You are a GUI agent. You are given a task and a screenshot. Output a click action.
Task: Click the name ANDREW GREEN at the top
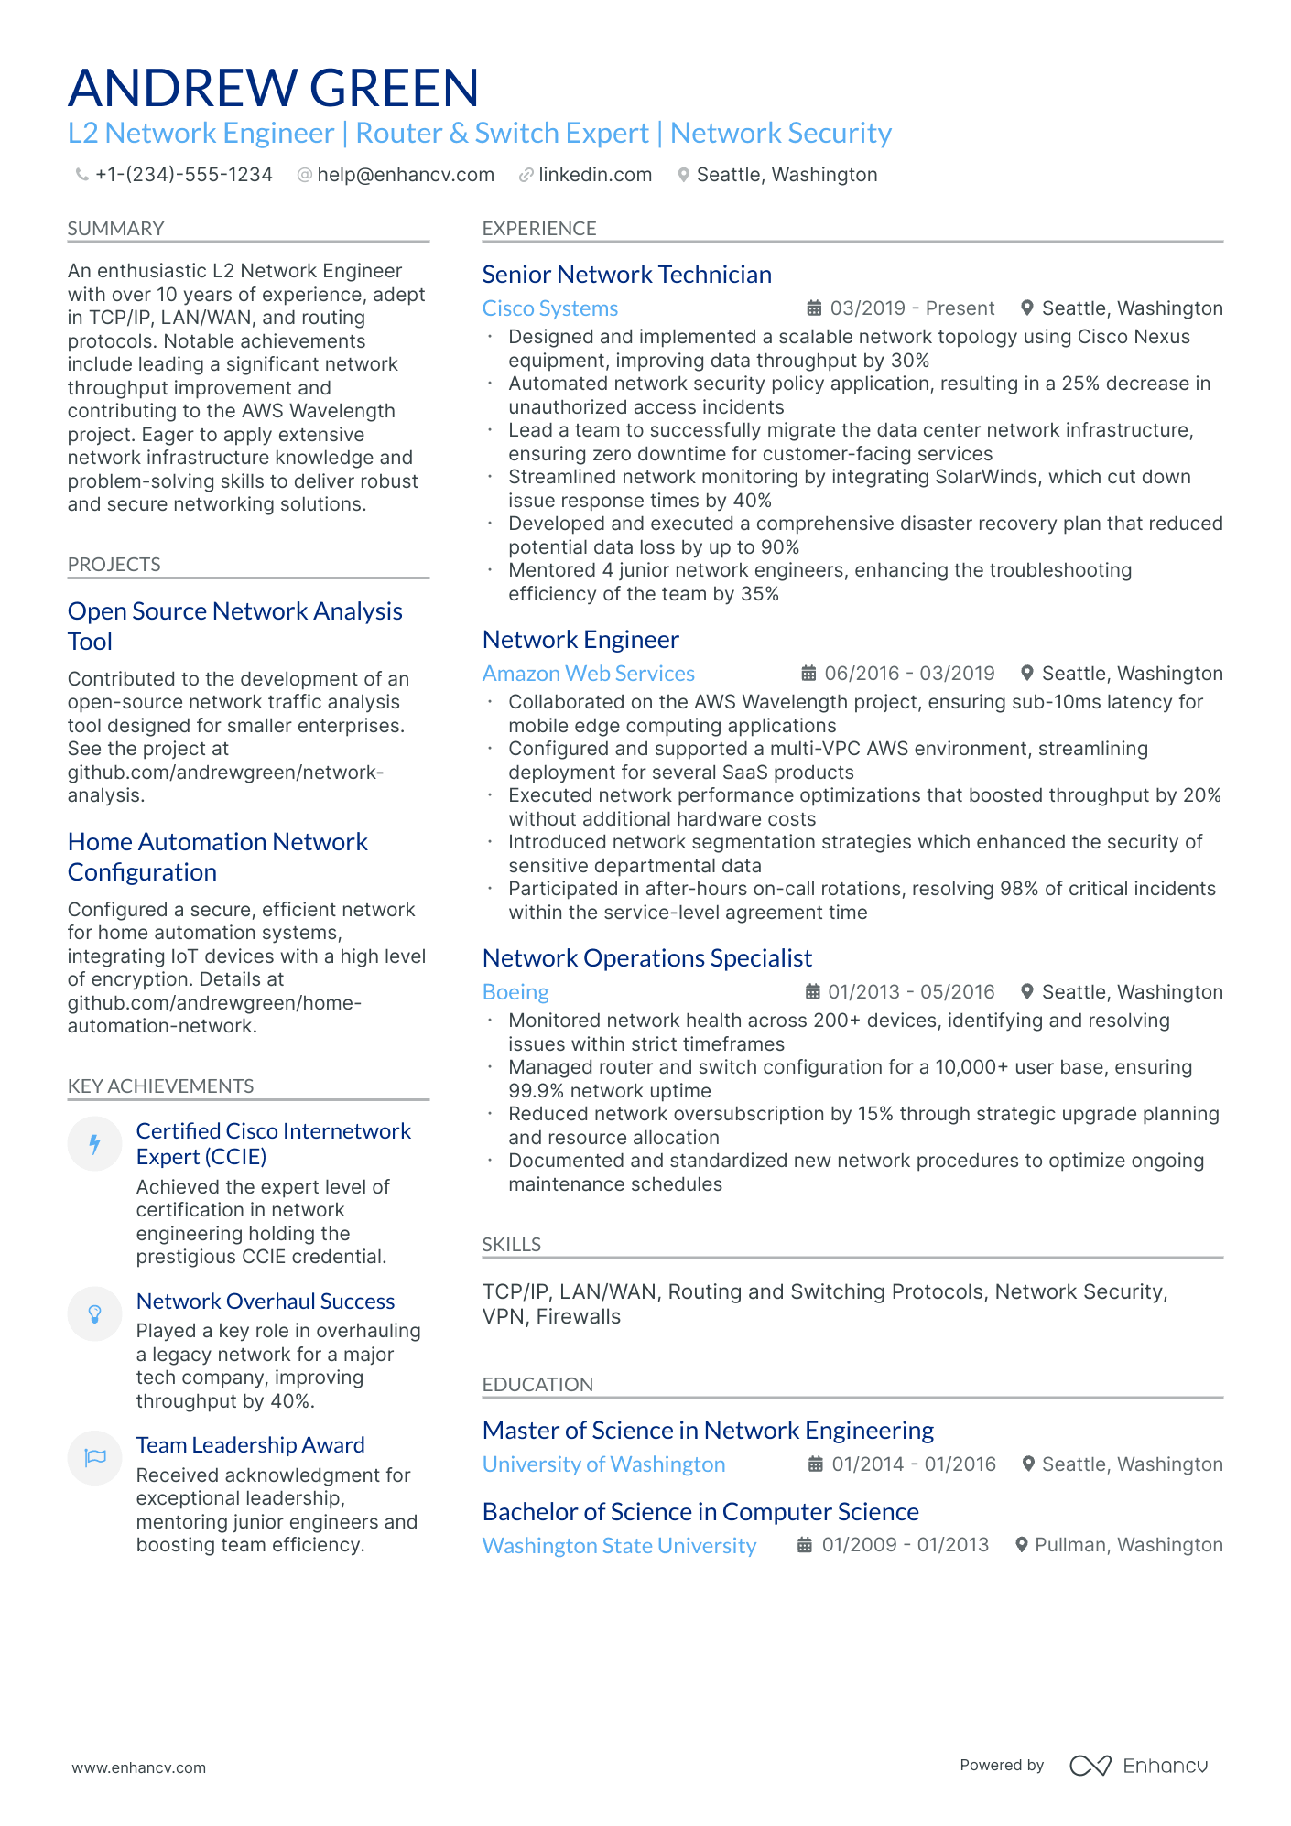(x=273, y=88)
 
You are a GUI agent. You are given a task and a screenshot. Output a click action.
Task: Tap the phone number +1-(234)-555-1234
(x=183, y=175)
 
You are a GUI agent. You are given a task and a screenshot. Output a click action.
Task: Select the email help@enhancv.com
(x=405, y=175)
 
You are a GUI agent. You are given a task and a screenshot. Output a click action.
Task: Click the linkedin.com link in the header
(x=594, y=175)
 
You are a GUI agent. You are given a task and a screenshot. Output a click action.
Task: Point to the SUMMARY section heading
(x=115, y=229)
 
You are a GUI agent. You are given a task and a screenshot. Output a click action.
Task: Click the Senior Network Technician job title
(x=626, y=275)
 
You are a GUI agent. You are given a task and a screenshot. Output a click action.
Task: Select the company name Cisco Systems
(x=549, y=308)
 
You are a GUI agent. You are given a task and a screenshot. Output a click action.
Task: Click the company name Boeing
(x=515, y=992)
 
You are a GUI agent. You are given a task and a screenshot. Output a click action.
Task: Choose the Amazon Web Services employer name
(x=588, y=674)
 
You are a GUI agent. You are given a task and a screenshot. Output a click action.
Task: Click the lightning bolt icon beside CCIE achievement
(x=94, y=1143)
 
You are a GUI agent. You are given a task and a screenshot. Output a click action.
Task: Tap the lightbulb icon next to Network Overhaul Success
(x=94, y=1314)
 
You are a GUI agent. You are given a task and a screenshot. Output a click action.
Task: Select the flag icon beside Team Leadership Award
(x=94, y=1457)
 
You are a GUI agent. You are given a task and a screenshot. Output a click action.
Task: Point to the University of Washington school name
(x=603, y=1464)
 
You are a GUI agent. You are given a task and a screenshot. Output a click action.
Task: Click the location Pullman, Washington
(x=1128, y=1545)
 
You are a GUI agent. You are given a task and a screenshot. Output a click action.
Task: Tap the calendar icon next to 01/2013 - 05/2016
(x=812, y=992)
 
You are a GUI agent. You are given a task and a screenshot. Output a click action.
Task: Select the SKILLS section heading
(x=511, y=1245)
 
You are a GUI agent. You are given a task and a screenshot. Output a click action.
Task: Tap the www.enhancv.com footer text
(x=139, y=1767)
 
